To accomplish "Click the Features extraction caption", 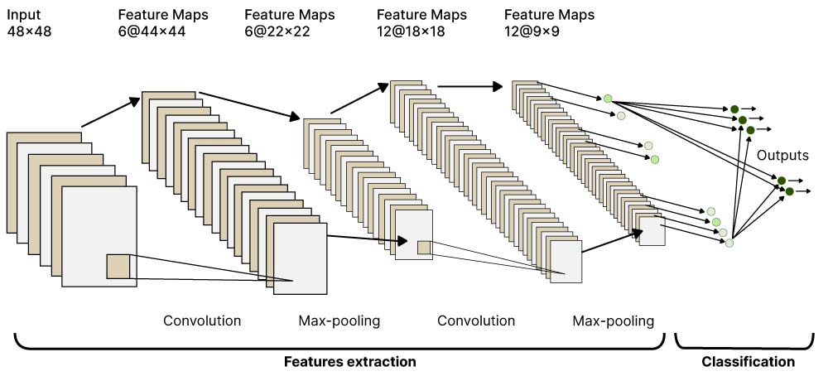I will tap(349, 362).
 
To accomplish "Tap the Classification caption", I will tap(748, 362).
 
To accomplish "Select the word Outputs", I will tap(782, 154).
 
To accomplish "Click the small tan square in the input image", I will tap(118, 267).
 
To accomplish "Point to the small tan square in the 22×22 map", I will tap(424, 247).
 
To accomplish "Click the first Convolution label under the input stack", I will tap(202, 321).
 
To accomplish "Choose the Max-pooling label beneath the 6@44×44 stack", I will tap(339, 321).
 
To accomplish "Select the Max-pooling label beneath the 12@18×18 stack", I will tap(613, 321).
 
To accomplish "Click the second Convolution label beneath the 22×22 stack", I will tap(476, 321).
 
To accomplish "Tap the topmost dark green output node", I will tap(734, 108).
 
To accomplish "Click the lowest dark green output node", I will tap(789, 191).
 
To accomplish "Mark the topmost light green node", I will tap(608, 99).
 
